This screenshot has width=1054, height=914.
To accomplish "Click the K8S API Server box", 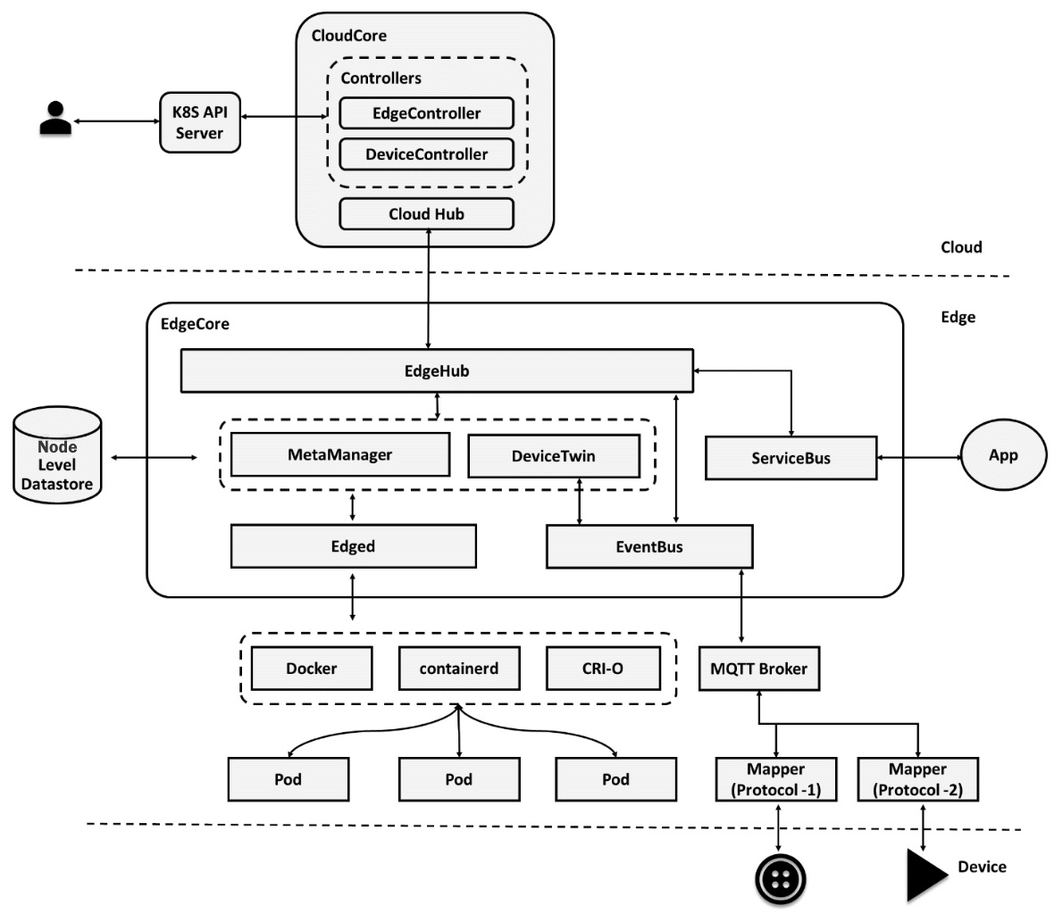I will pyautogui.click(x=199, y=122).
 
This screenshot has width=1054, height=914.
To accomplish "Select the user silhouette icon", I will pyautogui.click(x=55, y=119).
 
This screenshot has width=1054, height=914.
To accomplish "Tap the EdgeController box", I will pyautogui.click(x=426, y=113).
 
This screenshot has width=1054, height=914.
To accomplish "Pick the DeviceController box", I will pyautogui.click(x=426, y=154).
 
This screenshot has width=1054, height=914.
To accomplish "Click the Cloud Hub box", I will pyautogui.click(x=426, y=214).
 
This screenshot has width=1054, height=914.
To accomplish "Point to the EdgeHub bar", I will pyautogui.click(x=437, y=370).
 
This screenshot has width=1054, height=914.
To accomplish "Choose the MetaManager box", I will pyautogui.click(x=339, y=455).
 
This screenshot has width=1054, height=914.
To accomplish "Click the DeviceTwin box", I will pyautogui.click(x=553, y=456).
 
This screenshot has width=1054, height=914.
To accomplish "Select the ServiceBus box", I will pyautogui.click(x=790, y=458).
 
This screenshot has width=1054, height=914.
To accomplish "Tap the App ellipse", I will pyautogui.click(x=1003, y=455).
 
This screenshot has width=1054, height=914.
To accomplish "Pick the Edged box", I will pyautogui.click(x=353, y=546).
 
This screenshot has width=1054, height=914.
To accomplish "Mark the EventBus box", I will pyautogui.click(x=648, y=547).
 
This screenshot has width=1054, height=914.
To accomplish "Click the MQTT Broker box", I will pyautogui.click(x=758, y=669).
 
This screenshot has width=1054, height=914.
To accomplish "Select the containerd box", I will pyautogui.click(x=458, y=669).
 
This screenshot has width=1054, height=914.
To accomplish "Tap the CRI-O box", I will pyautogui.click(x=602, y=669).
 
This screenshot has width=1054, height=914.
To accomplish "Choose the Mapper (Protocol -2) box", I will pyautogui.click(x=917, y=779).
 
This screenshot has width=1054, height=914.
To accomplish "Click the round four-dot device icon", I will pyautogui.click(x=781, y=879).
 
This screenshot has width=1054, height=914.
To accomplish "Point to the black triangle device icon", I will pyautogui.click(x=925, y=876).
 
